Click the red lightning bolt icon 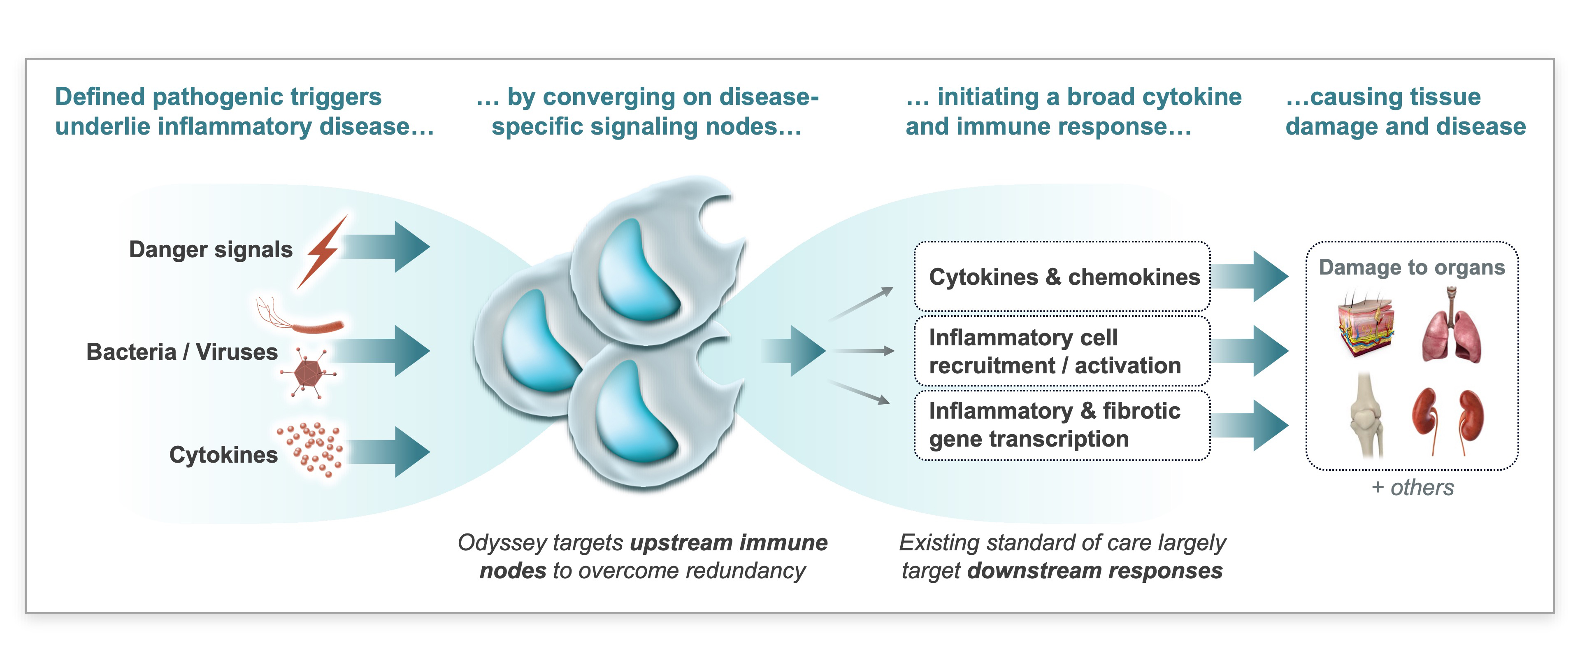point(323,251)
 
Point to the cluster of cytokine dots point(310,450)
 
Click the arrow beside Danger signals point(385,247)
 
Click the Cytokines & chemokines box point(1062,277)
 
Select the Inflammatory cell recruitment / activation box point(1062,351)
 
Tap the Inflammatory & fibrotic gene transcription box point(1062,425)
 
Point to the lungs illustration point(1451,328)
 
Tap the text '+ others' point(1413,487)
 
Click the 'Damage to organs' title point(1412,267)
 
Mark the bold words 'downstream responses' point(1095,571)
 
